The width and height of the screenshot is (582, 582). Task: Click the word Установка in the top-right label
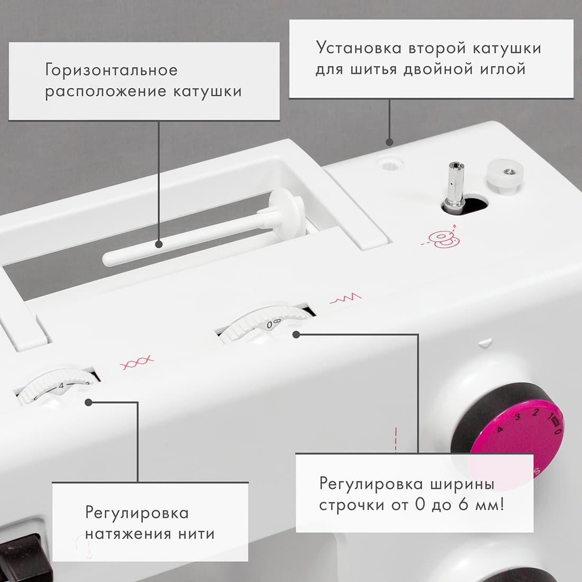(x=359, y=48)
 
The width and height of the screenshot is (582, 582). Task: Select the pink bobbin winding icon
(x=443, y=240)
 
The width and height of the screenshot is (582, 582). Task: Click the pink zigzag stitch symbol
(x=345, y=299)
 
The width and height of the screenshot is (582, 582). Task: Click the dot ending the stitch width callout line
(x=296, y=334)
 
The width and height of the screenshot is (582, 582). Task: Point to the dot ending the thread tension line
(x=88, y=402)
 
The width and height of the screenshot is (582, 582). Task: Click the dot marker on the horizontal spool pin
(x=159, y=244)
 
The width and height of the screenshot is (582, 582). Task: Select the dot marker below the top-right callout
(x=390, y=142)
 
